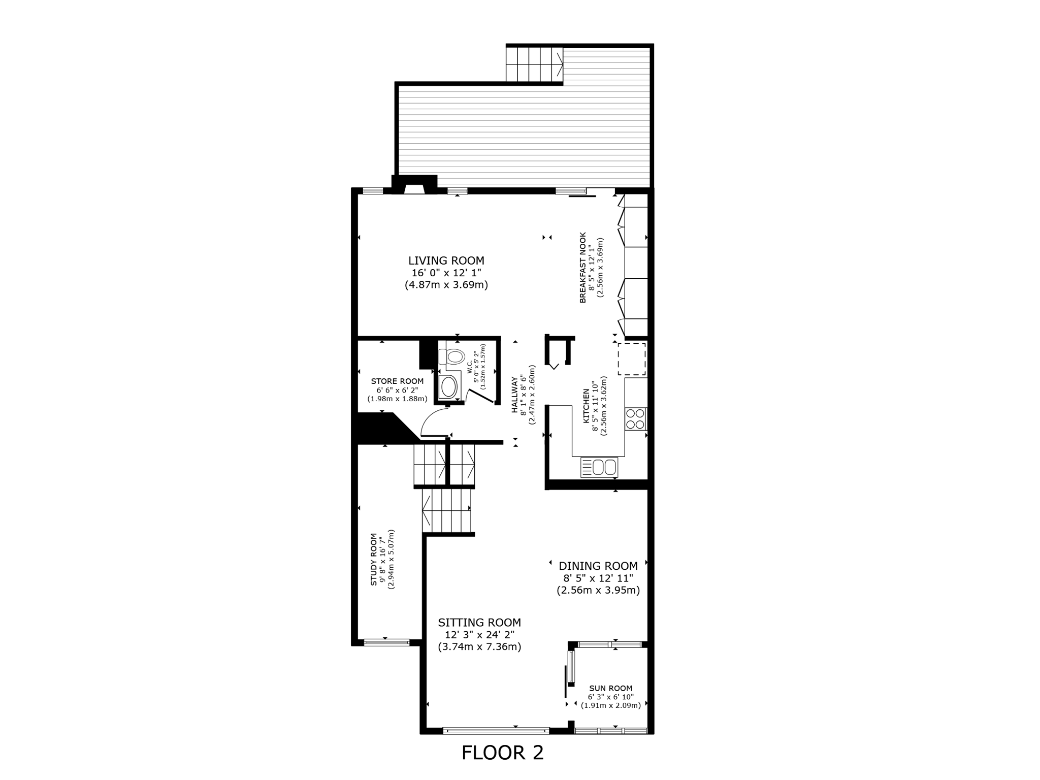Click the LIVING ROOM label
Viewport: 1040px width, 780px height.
[446, 261]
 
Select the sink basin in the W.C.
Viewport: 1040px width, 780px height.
[448, 387]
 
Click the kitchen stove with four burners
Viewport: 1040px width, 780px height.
[635, 419]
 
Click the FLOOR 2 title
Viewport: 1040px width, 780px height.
[502, 753]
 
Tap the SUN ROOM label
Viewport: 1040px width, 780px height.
[610, 689]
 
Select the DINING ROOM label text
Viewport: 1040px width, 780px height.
[598, 566]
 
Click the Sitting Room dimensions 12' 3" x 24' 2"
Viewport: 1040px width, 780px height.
[479, 635]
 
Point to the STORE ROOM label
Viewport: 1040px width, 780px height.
[397, 381]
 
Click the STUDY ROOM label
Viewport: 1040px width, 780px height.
[374, 559]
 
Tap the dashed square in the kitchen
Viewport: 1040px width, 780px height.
[631, 359]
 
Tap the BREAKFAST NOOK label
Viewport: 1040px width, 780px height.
[583, 268]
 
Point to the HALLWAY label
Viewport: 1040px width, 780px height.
[514, 395]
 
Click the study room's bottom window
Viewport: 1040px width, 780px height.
[386, 642]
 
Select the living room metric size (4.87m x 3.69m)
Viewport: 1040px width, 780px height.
[446, 285]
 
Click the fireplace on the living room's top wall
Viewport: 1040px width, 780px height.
[414, 186]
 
